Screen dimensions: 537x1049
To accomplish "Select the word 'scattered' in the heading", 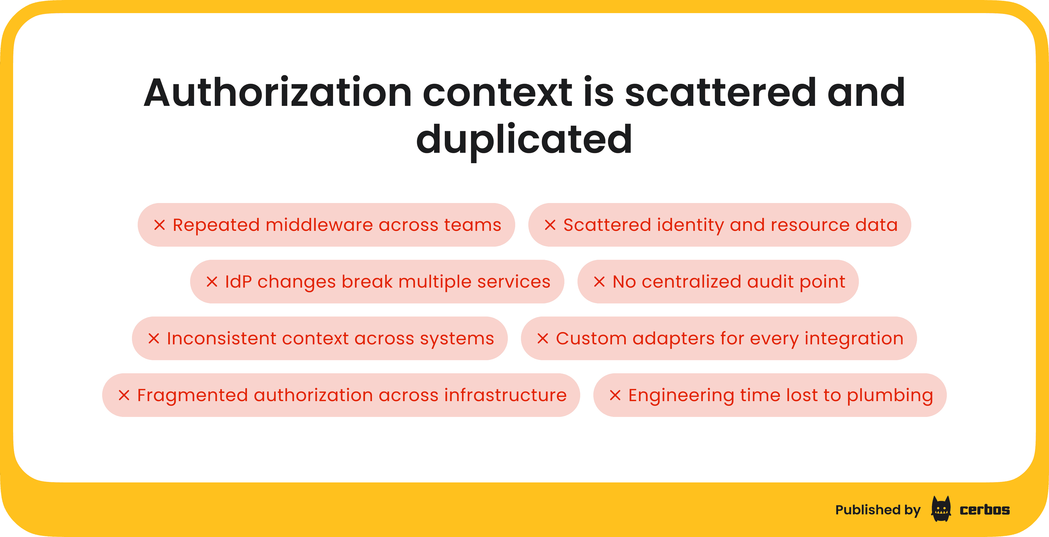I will (x=720, y=93).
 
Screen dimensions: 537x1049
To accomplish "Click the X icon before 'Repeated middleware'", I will (x=159, y=225).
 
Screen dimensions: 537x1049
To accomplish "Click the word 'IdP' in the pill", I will (x=238, y=282).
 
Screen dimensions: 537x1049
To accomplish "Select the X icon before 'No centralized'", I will (x=599, y=282).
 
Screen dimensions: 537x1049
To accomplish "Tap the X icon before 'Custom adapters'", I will (x=543, y=338).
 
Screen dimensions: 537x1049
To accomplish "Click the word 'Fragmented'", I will (x=192, y=395).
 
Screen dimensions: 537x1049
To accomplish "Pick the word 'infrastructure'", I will (x=505, y=395).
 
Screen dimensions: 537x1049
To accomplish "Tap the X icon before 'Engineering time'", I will (x=615, y=395).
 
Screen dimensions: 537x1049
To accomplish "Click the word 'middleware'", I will (x=319, y=225).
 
